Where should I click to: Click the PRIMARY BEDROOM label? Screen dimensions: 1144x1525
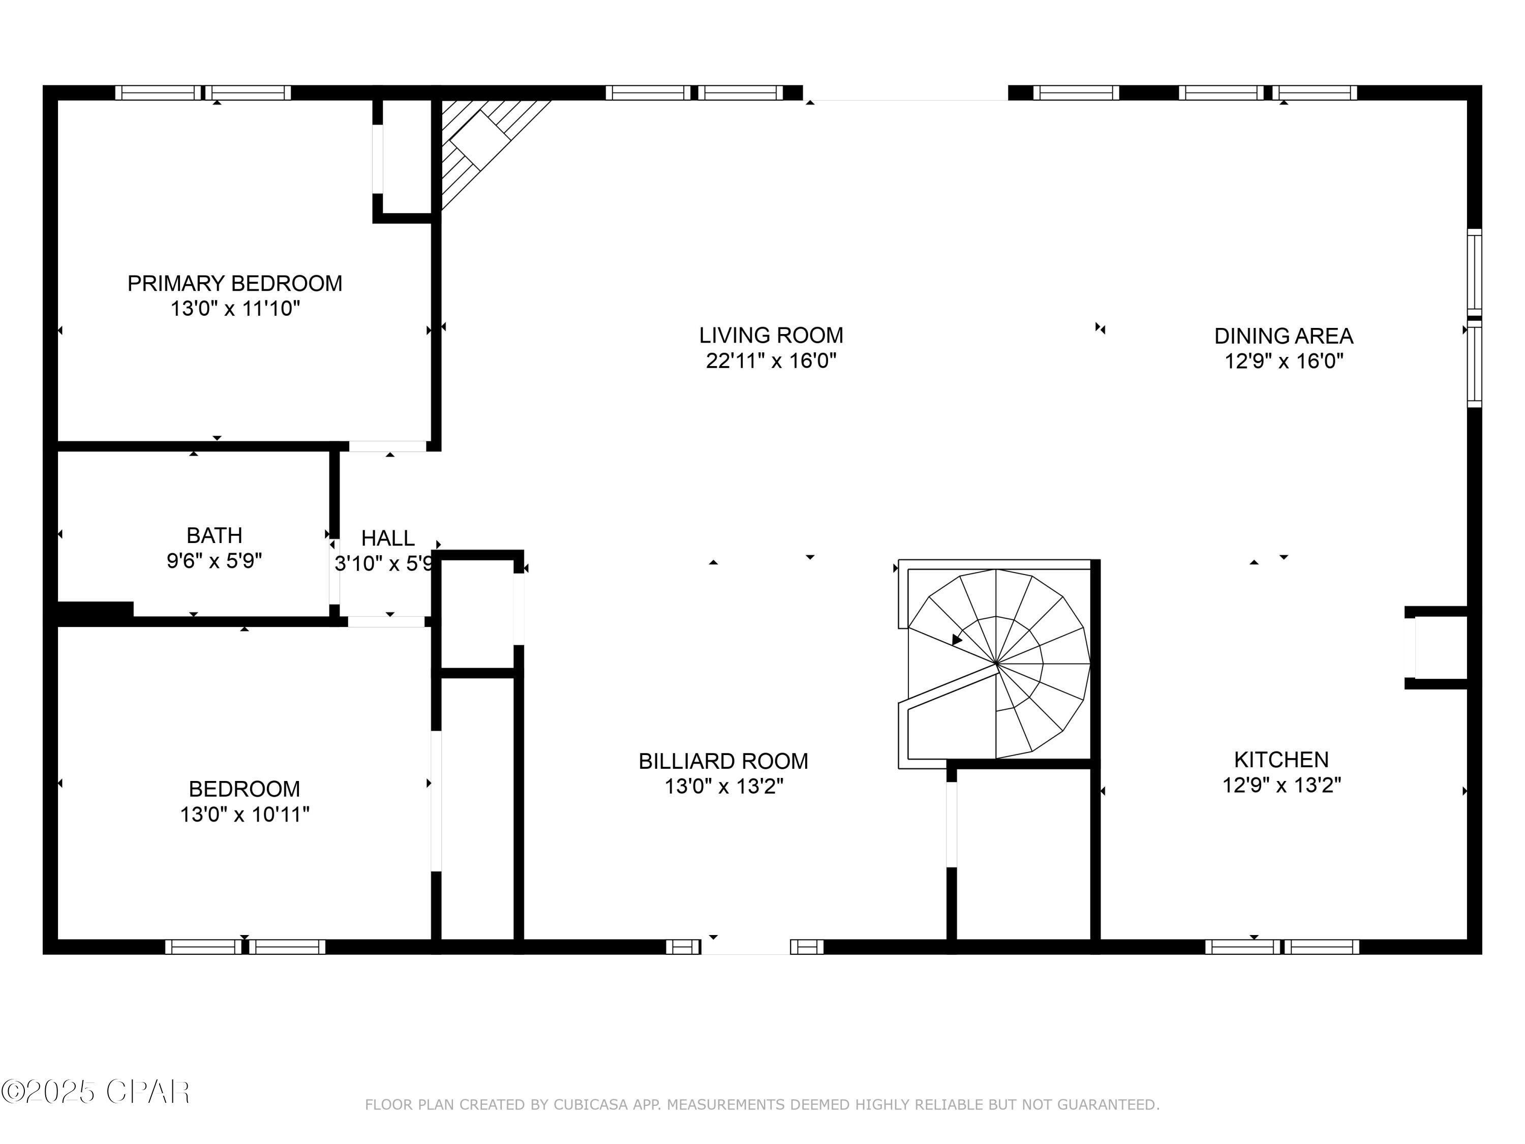(x=234, y=283)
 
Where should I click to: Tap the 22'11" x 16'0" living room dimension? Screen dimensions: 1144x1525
(x=771, y=360)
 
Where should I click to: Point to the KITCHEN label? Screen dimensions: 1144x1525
(x=1281, y=759)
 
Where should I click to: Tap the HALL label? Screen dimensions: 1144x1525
(x=387, y=538)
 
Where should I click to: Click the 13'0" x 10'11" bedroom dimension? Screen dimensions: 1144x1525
(x=245, y=815)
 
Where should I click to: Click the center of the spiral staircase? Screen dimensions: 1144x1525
(x=996, y=664)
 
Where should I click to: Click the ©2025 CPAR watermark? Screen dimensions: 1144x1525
(x=97, y=1092)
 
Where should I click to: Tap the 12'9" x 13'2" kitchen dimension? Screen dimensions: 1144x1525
(x=1281, y=785)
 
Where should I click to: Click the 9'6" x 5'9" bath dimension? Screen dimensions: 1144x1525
(x=215, y=561)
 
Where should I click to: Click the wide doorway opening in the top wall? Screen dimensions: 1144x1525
(x=905, y=93)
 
